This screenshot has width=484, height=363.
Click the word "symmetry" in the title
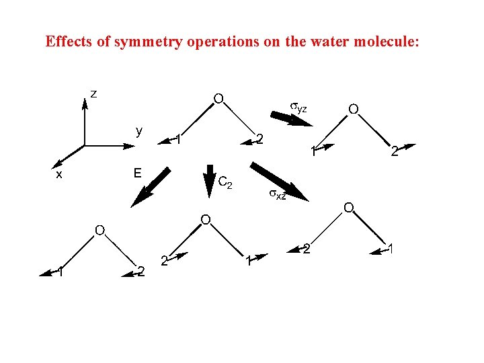click(149, 42)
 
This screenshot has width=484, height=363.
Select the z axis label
click(94, 93)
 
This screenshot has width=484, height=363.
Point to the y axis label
click(138, 130)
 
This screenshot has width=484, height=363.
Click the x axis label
click(59, 173)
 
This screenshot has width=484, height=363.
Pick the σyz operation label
click(298, 107)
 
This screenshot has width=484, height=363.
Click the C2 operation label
click(226, 182)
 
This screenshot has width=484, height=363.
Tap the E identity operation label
click(137, 173)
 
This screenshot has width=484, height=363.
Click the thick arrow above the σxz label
click(278, 180)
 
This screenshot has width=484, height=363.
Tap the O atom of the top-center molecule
click(218, 99)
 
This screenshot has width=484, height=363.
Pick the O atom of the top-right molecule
click(353, 109)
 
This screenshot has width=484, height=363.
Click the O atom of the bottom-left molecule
click(99, 231)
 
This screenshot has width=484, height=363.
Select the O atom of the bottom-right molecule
click(349, 208)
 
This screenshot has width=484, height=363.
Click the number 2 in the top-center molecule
click(259, 140)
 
